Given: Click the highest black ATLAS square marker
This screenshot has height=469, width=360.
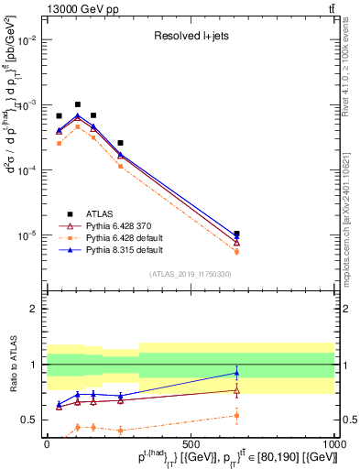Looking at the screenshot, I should pos(78,104).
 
